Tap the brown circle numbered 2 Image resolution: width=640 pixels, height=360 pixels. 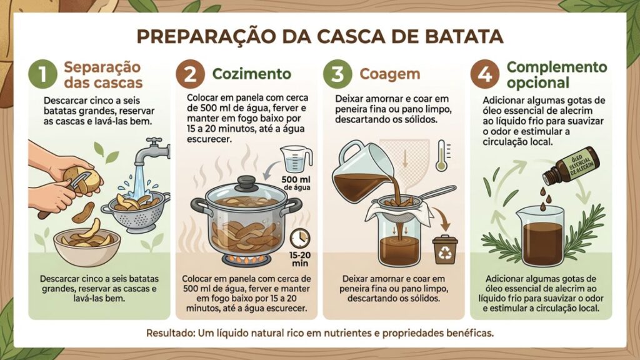190,74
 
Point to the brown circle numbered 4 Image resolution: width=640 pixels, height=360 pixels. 485,74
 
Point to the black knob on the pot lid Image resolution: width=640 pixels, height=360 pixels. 245,183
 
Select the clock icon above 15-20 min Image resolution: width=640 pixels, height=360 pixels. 300,237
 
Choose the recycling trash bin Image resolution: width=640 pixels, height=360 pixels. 444,249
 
